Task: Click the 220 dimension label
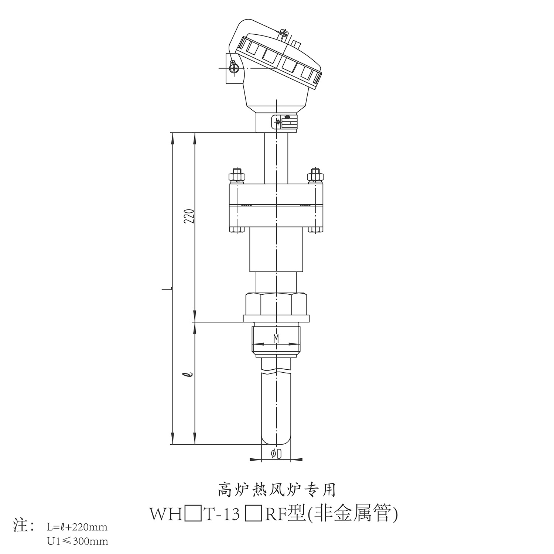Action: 189,216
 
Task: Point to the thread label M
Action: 276,338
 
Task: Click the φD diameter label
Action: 276,454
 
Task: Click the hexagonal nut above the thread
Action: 276,304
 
